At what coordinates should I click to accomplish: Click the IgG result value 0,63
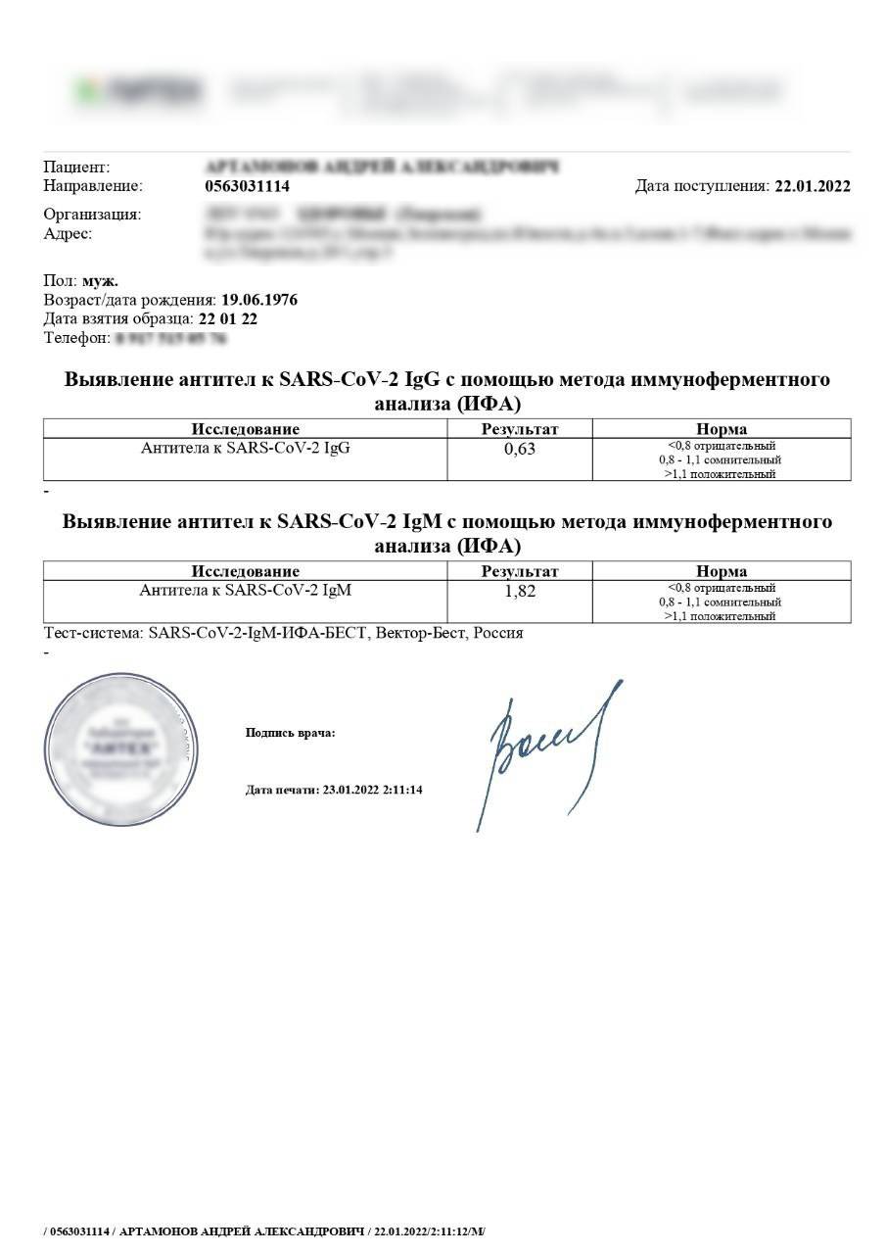coord(520,450)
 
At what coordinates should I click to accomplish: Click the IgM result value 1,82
coord(520,592)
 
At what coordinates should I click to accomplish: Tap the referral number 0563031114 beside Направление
coord(248,186)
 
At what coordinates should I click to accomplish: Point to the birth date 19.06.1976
coord(259,300)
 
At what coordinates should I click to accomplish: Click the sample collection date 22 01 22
coord(228,318)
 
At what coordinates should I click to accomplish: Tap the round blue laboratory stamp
coord(116,749)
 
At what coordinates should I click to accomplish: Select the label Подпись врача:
coord(290,732)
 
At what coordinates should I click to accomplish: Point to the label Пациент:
coord(77,168)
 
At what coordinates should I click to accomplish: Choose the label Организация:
coord(92,215)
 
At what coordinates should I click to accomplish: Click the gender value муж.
coord(100,281)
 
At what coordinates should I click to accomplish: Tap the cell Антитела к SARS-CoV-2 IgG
coord(246,449)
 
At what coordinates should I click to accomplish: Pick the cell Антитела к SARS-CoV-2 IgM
coord(246,591)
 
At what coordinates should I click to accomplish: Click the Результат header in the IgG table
coord(520,429)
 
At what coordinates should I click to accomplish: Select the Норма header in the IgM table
coord(722,571)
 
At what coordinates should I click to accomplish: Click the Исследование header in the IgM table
coord(246,571)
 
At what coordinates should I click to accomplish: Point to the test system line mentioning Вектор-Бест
coord(284,633)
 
